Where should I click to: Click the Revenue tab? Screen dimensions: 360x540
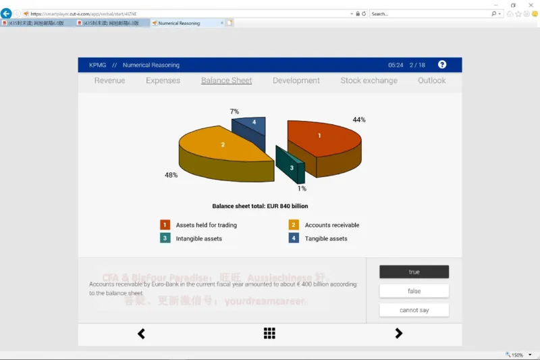(109, 80)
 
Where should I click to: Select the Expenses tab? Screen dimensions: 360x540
(163, 80)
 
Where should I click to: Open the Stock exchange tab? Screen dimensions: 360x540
(369, 80)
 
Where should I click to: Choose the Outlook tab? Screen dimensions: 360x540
(431, 80)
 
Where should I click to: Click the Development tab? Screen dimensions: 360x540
(296, 80)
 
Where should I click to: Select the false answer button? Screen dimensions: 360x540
(414, 291)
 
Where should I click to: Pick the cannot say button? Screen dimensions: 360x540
(414, 310)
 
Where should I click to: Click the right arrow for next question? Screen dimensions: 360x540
(398, 333)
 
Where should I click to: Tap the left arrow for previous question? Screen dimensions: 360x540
(141, 333)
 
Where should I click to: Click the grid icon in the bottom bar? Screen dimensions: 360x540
(269, 333)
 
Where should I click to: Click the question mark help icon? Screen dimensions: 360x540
(442, 65)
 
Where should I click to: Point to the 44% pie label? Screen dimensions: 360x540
(358, 120)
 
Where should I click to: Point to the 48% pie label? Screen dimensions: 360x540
(171, 175)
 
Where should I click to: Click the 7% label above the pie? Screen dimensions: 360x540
(234, 111)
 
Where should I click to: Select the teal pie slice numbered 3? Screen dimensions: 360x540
(291, 166)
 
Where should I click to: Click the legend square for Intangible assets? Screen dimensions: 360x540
(165, 238)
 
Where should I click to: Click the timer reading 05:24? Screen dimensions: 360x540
(396, 66)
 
